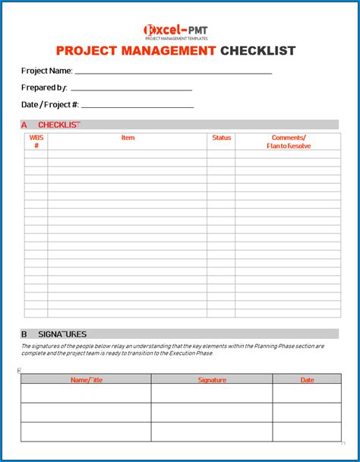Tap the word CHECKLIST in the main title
[257, 51]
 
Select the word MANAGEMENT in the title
[169, 51]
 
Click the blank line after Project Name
[173, 72]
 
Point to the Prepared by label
[44, 88]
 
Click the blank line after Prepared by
[131, 90]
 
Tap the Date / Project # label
[50, 104]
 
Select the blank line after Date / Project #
[137, 106]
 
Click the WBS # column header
[36, 141]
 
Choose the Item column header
[128, 138]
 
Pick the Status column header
[221, 138]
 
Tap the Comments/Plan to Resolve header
[289, 141]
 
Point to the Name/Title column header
[86, 379]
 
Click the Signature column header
[212, 379]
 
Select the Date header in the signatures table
[307, 379]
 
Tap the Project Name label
[47, 71]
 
